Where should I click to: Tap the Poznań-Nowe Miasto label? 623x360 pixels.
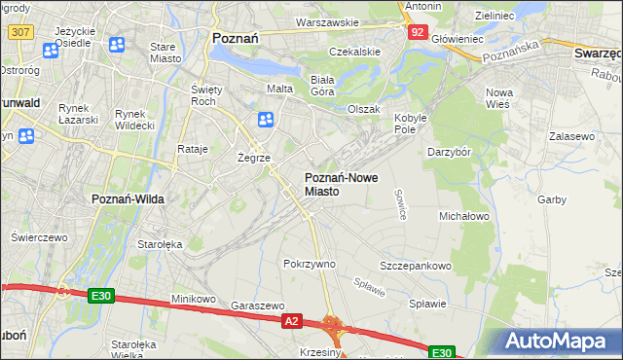336,184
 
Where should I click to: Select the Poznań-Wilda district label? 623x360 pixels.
128,198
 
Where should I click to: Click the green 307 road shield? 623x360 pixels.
18,32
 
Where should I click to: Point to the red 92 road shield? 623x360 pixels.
417,31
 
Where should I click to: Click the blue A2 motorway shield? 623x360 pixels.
290,319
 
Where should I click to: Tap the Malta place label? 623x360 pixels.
280,89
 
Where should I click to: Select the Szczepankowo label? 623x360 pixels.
416,266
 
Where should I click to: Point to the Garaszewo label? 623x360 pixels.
258,305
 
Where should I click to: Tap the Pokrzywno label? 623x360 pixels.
309,264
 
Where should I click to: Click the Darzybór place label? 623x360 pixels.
450,152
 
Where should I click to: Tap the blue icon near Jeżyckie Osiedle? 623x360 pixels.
118,45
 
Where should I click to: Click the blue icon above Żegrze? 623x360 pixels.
265,120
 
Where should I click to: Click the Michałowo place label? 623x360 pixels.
463,215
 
